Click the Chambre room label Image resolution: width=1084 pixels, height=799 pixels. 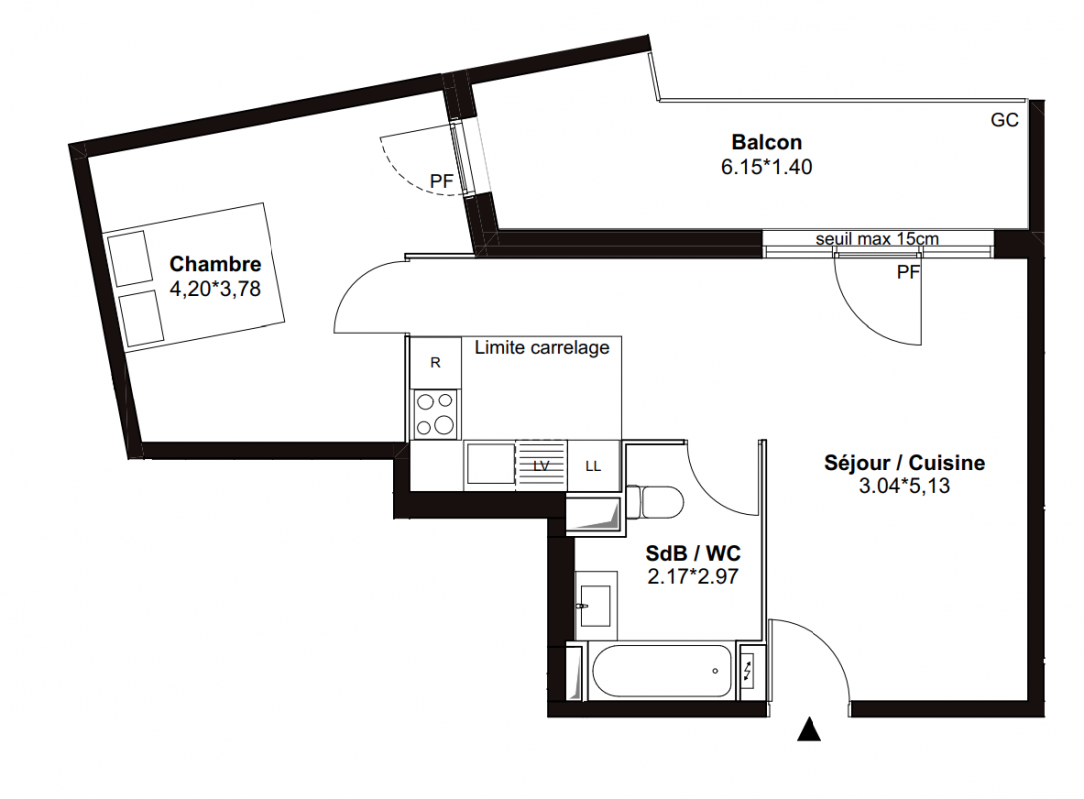(x=215, y=264)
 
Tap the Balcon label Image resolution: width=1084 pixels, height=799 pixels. (x=766, y=142)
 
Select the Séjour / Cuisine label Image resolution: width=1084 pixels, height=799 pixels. (x=904, y=462)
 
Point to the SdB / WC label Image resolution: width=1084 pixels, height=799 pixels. (x=693, y=553)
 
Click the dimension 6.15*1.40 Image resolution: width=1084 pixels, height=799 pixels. (x=766, y=167)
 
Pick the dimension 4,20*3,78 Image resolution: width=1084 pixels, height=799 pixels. (x=215, y=289)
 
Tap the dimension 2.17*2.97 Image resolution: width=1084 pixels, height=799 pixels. (x=693, y=576)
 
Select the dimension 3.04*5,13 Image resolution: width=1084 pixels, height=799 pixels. (x=904, y=486)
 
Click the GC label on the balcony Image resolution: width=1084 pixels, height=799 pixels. (x=1004, y=121)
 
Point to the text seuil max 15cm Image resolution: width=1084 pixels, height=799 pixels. (x=877, y=239)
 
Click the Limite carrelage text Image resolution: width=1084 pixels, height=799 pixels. (x=542, y=348)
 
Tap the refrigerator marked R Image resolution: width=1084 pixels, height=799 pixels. (x=435, y=363)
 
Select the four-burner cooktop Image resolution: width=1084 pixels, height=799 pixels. (x=435, y=413)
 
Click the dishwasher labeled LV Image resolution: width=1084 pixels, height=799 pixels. (x=541, y=466)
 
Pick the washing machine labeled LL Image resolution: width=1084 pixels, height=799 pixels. (x=593, y=466)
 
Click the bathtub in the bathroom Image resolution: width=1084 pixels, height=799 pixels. (x=662, y=671)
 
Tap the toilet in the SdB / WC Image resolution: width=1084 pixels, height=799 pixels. (x=654, y=501)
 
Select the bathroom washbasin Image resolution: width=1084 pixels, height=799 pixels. (x=595, y=606)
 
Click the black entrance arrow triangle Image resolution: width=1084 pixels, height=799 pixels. (x=809, y=730)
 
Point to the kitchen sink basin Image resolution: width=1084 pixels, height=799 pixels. (x=490, y=463)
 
